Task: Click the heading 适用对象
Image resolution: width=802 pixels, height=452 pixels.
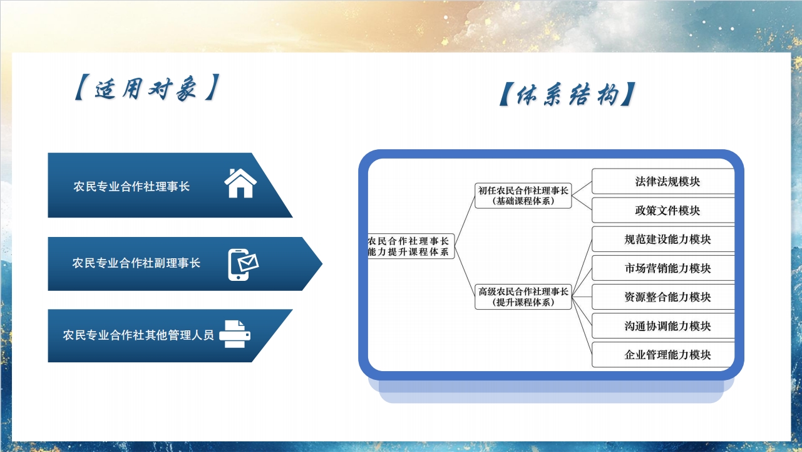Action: [x=147, y=88]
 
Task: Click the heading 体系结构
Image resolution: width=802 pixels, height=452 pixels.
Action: [x=567, y=94]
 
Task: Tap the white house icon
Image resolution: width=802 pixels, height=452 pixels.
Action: [x=240, y=183]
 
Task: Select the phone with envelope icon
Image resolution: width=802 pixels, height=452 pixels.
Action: [x=244, y=265]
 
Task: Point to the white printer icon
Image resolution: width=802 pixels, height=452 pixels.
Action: [x=235, y=334]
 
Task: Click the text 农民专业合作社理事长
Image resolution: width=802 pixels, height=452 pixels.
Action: [x=131, y=186]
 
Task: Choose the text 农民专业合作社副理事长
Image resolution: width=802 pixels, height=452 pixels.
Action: [x=136, y=263]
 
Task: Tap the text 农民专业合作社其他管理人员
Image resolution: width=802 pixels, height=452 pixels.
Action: [x=138, y=335]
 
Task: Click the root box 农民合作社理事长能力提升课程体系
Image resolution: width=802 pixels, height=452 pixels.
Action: [x=411, y=246]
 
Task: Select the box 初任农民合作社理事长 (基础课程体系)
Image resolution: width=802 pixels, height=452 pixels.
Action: [x=523, y=196]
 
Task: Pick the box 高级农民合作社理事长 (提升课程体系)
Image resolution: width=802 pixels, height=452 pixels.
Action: [x=523, y=297]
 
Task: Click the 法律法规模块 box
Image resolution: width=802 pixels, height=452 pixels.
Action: [x=663, y=181]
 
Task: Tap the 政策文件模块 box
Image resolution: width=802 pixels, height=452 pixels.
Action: [x=663, y=211]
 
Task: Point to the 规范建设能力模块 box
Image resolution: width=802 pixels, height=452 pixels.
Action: [x=663, y=239]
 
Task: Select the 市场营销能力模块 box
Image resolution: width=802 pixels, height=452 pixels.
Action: [x=663, y=268]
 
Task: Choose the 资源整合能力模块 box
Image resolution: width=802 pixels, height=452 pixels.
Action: [x=663, y=297]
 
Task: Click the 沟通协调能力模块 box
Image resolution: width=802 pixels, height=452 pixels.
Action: [x=663, y=326]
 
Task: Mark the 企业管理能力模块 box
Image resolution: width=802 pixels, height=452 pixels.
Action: [x=663, y=355]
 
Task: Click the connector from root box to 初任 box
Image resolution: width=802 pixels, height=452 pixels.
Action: [x=465, y=221]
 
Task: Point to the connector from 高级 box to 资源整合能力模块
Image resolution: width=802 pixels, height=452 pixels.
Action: [x=582, y=297]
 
